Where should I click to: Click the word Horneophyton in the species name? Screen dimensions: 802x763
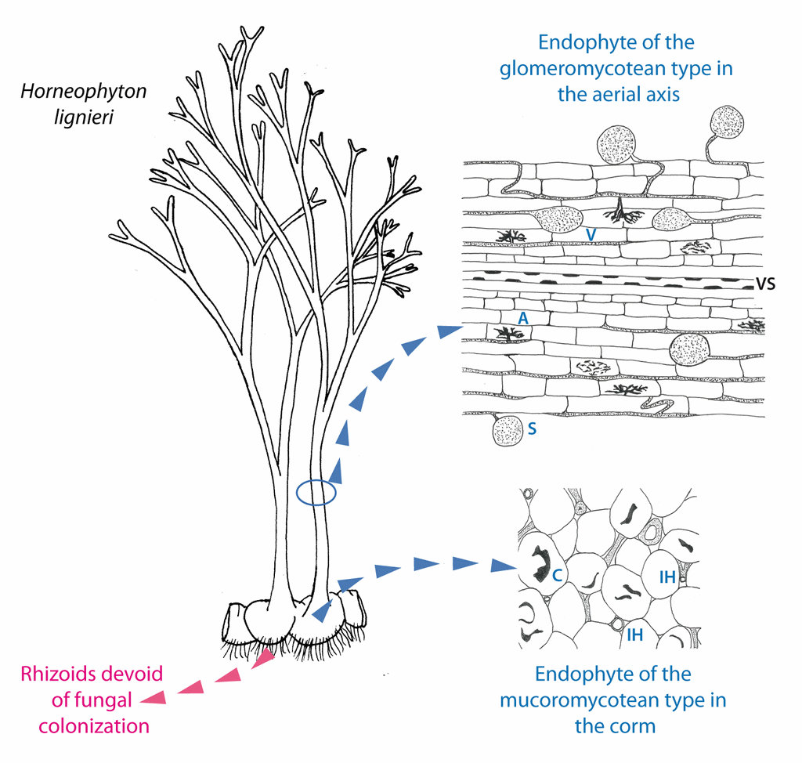pyautogui.click(x=83, y=92)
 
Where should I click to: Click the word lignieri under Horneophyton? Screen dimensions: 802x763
pyautogui.click(x=84, y=118)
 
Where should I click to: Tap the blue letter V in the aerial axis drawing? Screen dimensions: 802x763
pyautogui.click(x=591, y=235)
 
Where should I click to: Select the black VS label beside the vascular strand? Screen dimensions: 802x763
pyautogui.click(x=766, y=284)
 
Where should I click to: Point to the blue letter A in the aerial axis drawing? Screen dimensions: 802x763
pyautogui.click(x=522, y=319)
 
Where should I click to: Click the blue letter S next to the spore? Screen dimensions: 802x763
pyautogui.click(x=532, y=429)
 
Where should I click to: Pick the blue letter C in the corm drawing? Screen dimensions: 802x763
pyautogui.click(x=558, y=575)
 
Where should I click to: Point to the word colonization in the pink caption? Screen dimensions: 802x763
pyautogui.click(x=94, y=726)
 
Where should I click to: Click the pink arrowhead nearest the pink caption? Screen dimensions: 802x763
pyautogui.click(x=154, y=698)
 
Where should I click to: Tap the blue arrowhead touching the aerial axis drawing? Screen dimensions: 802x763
pyautogui.click(x=452, y=331)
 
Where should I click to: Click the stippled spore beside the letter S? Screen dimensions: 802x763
pyautogui.click(x=508, y=430)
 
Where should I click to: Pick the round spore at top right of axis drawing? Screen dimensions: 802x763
pyautogui.click(x=727, y=122)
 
